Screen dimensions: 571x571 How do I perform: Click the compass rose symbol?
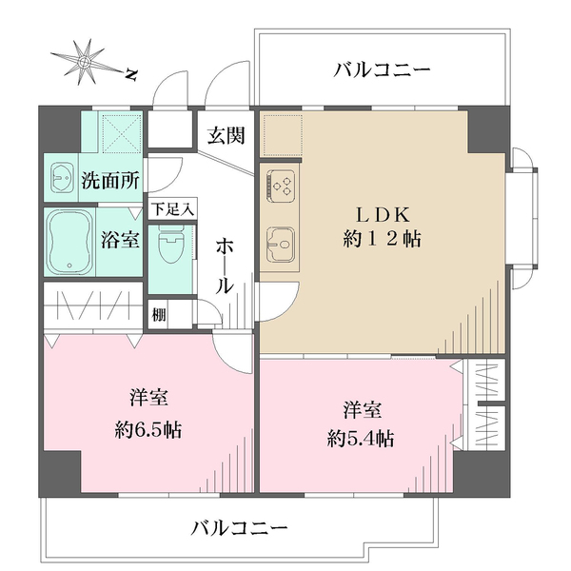pos(85,62)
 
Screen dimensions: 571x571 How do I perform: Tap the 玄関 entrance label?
pos(226,135)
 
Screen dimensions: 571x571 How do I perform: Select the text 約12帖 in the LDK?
pos(383,240)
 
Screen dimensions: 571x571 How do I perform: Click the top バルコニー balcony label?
pos(383,70)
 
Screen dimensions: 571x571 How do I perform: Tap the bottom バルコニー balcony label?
pos(239,526)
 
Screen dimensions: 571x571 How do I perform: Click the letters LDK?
pos(383,212)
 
